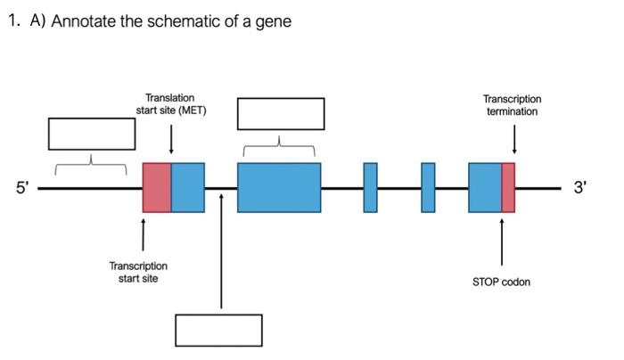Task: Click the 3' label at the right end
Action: tap(581, 188)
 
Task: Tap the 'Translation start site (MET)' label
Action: tap(170, 104)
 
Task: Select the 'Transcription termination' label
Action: tap(512, 105)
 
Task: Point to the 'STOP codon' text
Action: tap(501, 282)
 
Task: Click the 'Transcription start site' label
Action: tap(138, 272)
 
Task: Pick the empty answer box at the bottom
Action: tap(218, 330)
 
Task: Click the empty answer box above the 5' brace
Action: tap(92, 134)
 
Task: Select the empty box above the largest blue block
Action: tap(280, 113)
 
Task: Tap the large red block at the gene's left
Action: tap(157, 188)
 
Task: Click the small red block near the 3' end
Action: tap(508, 188)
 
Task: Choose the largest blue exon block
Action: tap(279, 188)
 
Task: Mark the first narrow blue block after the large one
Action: tap(370, 188)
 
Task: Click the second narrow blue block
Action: tap(428, 188)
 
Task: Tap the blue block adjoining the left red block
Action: tap(188, 188)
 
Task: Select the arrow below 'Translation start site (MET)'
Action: tap(171, 140)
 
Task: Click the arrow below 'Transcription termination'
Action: tap(514, 140)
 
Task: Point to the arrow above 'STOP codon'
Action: tap(502, 241)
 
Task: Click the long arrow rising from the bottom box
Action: tap(220, 258)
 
